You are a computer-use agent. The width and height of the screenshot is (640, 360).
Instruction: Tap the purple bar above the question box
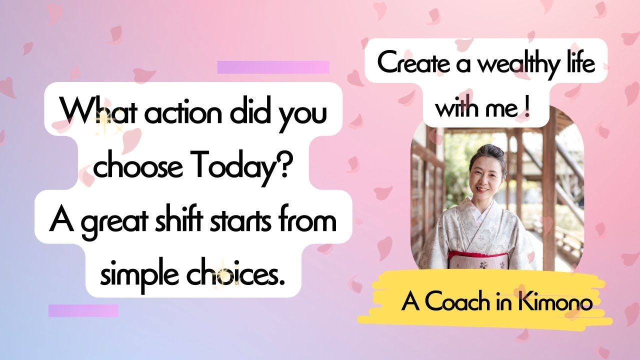click(273, 67)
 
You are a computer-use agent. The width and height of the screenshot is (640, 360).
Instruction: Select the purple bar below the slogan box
click(83, 310)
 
